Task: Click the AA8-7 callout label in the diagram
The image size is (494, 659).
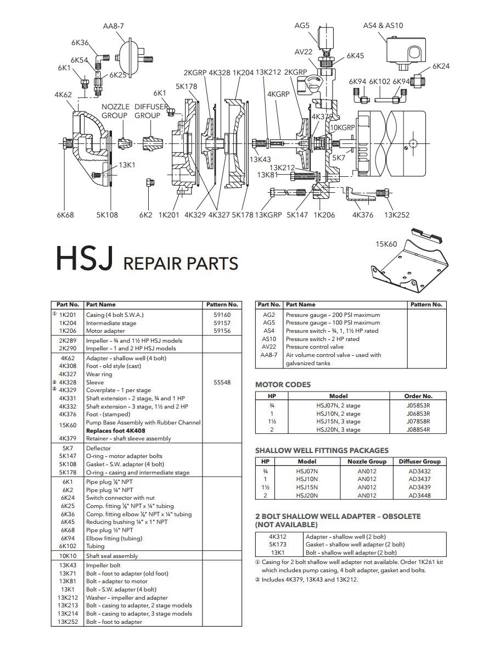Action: coord(114,26)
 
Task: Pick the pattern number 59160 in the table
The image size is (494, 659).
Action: coord(222,315)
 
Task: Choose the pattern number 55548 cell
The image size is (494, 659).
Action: coord(222,382)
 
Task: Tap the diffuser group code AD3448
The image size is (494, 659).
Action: coord(419,495)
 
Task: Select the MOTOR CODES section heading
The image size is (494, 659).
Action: coord(283,384)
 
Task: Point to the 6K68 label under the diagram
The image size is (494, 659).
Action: coord(65,215)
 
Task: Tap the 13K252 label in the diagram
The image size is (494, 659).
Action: coord(397,215)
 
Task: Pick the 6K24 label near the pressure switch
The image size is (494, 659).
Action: coord(441,66)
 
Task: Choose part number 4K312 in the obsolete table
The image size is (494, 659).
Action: coord(278,537)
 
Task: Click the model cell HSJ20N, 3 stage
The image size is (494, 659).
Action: coord(338,430)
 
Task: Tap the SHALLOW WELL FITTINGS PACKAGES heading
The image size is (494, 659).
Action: coord(322,450)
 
